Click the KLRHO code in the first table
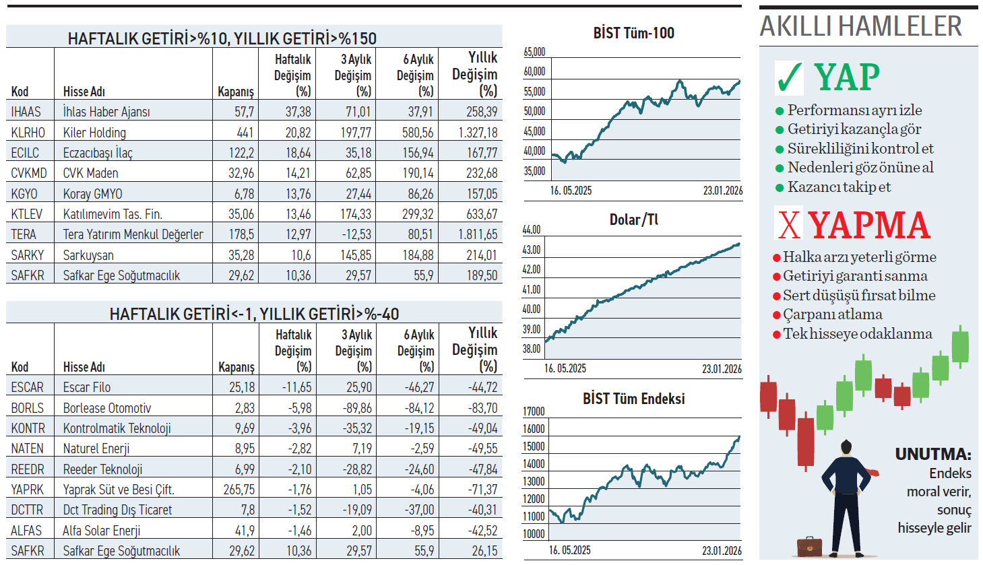click(x=28, y=133)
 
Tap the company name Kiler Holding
click(x=94, y=133)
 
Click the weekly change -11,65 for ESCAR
click(x=296, y=387)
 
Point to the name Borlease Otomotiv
click(x=107, y=408)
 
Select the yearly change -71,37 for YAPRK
click(x=482, y=490)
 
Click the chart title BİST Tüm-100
click(x=633, y=33)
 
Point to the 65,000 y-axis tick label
click(x=534, y=52)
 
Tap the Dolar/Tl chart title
click(x=633, y=220)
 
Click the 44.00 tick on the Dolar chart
click(x=532, y=230)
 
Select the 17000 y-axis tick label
click(x=534, y=411)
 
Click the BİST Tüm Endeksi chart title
click(x=633, y=399)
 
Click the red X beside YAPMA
click(x=789, y=224)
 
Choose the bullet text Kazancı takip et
click(x=839, y=187)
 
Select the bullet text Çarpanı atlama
click(x=832, y=314)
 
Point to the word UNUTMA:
click(x=932, y=454)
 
